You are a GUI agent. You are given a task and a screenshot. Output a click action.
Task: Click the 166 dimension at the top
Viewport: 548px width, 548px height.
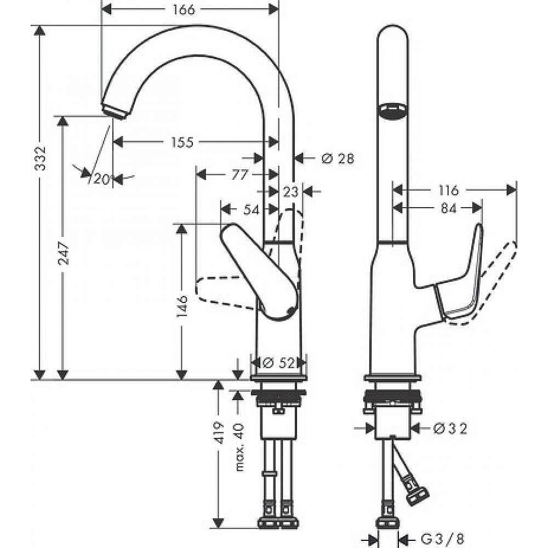pos(184,9)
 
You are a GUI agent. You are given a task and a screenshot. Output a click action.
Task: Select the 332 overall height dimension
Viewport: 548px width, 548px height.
pos(41,158)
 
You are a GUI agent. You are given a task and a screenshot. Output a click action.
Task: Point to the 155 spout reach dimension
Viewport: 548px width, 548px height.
pos(182,142)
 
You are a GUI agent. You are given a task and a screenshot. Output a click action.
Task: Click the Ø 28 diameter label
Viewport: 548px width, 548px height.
pos(338,159)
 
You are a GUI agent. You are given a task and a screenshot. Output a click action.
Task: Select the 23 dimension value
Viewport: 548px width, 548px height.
pos(290,191)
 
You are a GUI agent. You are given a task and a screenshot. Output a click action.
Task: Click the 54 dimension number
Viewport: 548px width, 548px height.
pos(252,210)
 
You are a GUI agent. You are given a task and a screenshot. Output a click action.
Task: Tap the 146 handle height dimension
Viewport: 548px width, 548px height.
pos(182,306)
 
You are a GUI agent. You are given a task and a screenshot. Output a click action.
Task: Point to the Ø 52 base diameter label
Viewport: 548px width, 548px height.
pos(278,363)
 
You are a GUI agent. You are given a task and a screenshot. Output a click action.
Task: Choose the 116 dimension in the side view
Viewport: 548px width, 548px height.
pos(448,191)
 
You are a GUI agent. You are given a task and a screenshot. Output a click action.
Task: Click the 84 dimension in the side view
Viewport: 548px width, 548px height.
pos(449,209)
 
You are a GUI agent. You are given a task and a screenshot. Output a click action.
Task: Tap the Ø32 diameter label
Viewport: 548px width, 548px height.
pos(450,428)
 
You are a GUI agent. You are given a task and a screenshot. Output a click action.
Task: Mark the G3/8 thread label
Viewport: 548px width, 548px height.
pos(442,539)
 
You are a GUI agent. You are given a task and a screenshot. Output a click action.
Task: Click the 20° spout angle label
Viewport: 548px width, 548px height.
pos(102,179)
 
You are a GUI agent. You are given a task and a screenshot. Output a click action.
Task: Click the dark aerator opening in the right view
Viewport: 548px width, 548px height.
pos(392,112)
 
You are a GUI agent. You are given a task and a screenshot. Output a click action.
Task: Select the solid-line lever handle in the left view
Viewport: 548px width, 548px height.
pos(259,272)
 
